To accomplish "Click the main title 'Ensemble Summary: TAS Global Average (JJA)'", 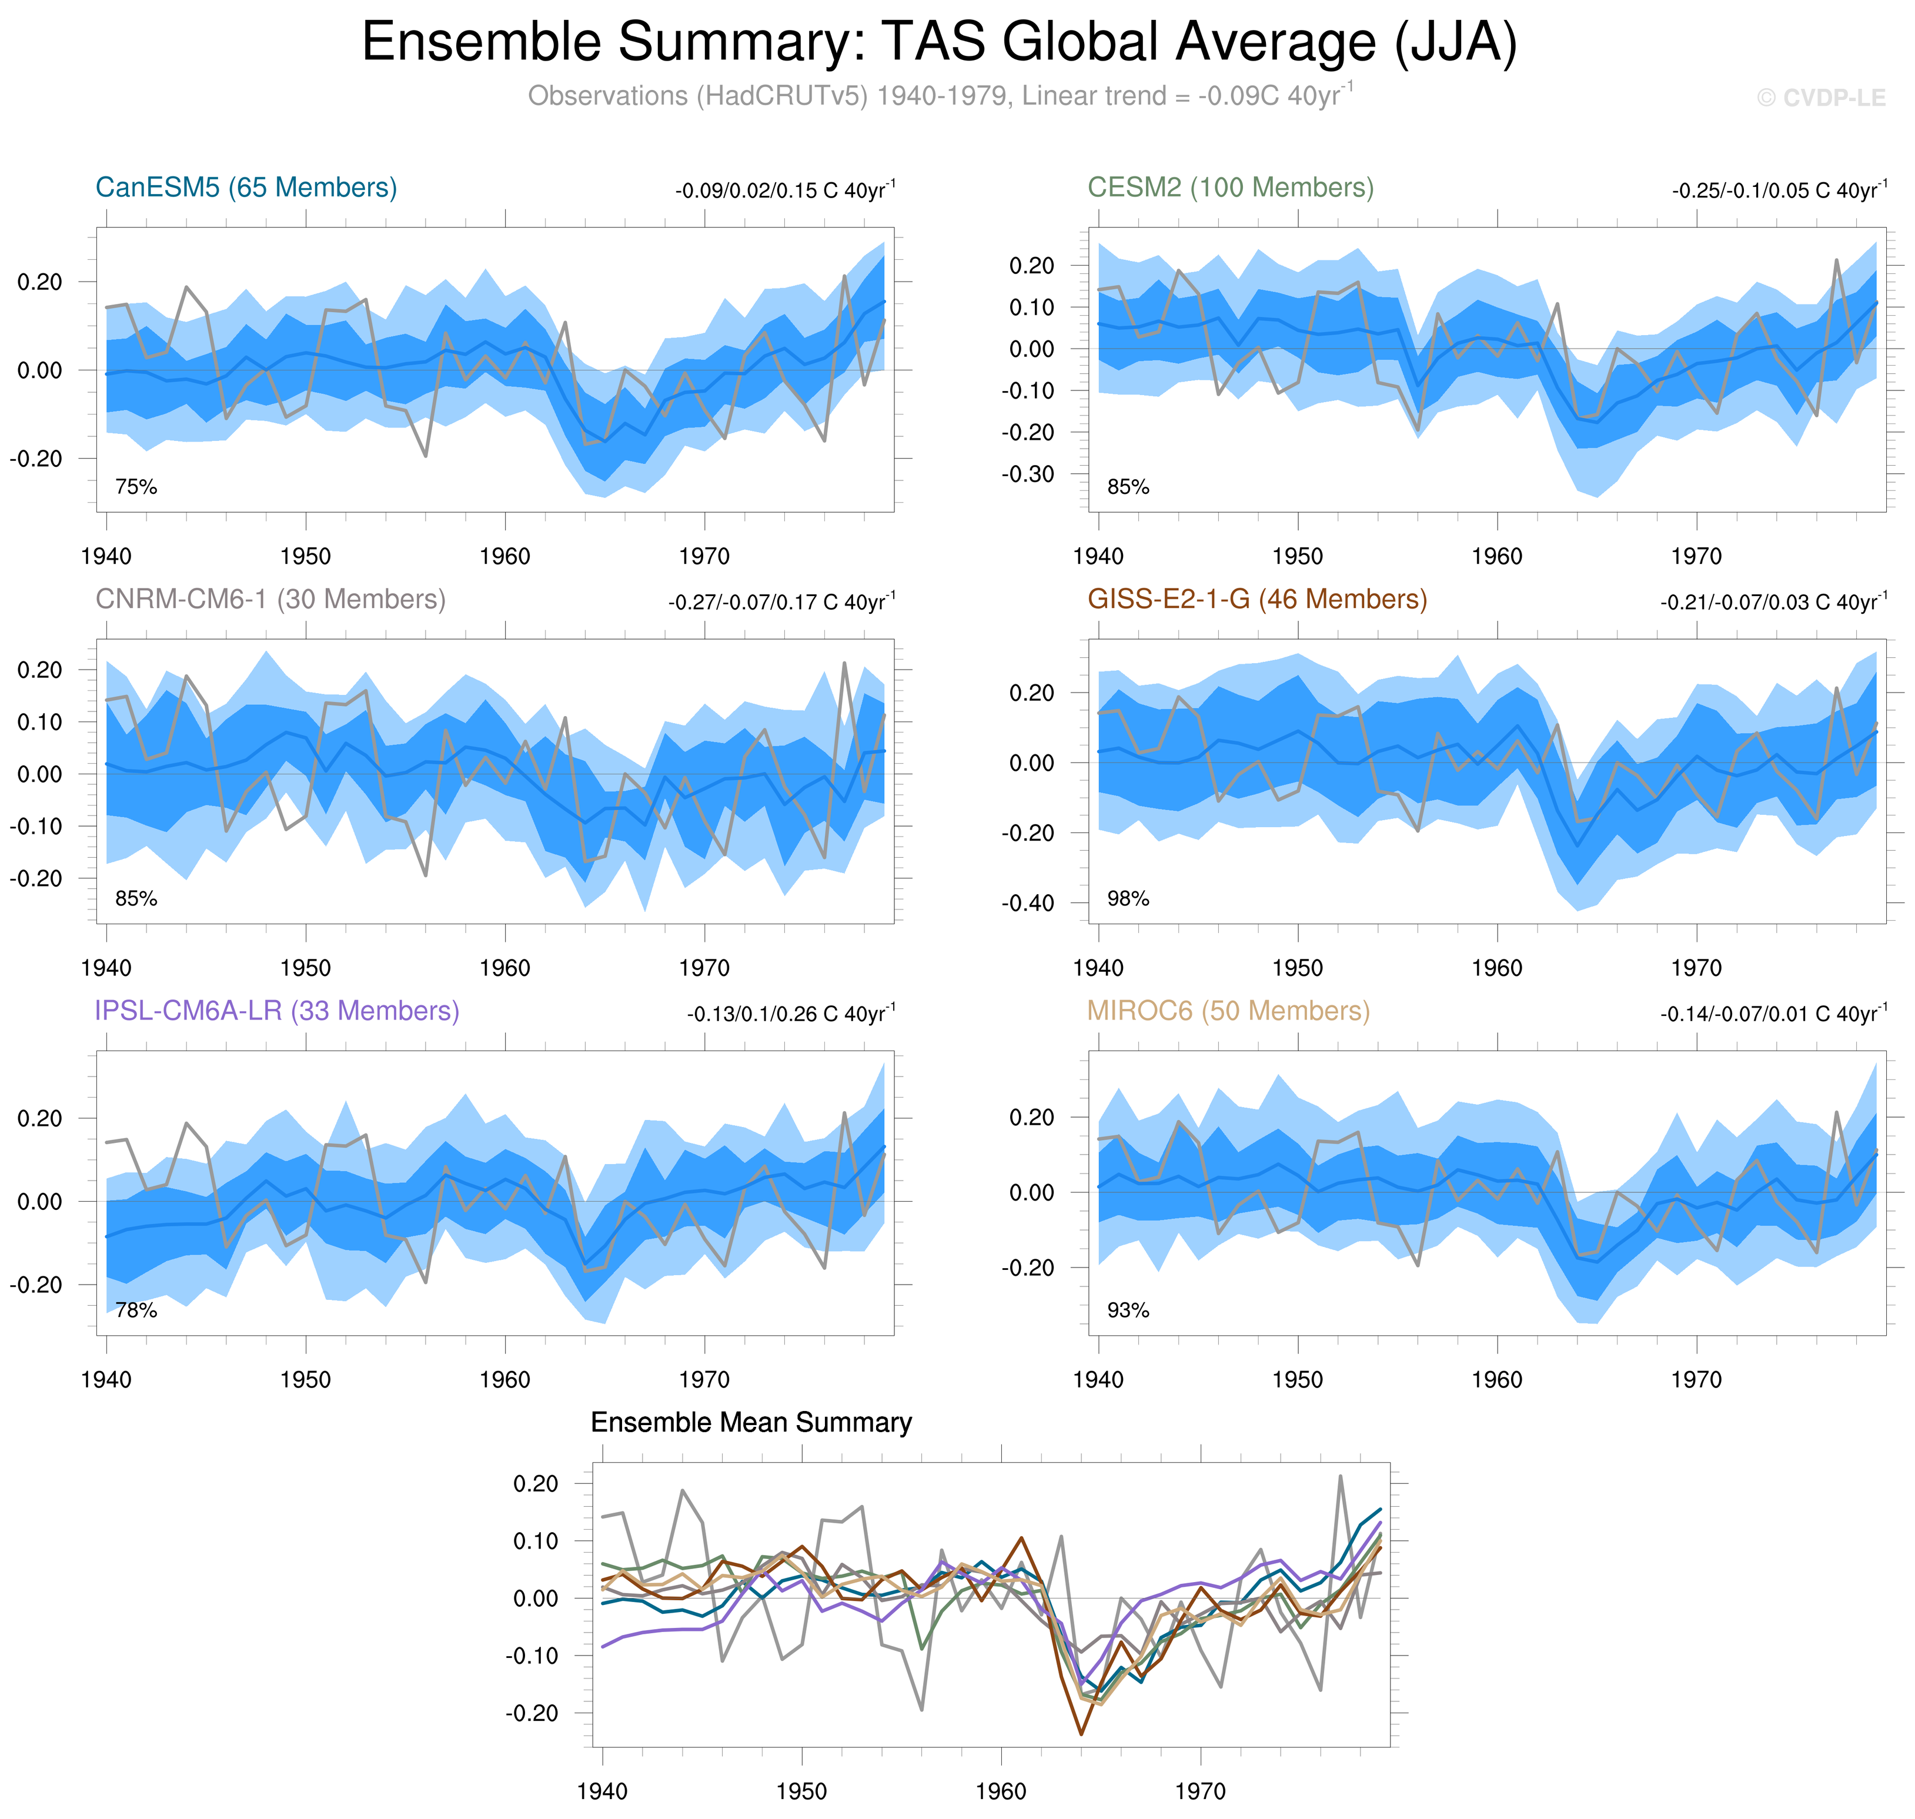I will click(938, 43).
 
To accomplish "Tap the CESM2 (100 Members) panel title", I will click(1229, 187).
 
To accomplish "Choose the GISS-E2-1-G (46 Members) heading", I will click(1256, 599).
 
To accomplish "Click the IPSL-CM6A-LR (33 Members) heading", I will click(276, 1011).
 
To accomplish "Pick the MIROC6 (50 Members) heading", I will click(1228, 1011).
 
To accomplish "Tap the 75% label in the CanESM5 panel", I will click(136, 487).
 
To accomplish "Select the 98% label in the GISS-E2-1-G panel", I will click(1128, 899).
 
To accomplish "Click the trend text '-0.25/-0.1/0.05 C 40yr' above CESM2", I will click(1778, 190).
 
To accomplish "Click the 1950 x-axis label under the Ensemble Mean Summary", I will click(801, 1791).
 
